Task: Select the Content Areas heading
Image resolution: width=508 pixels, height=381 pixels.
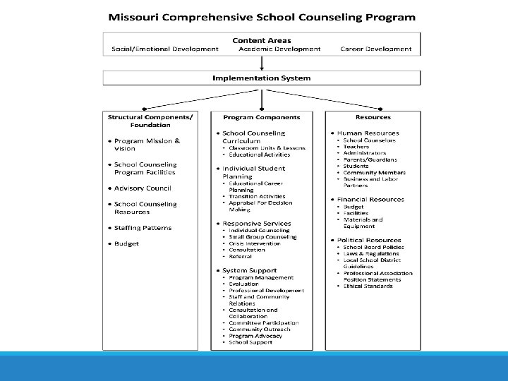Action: tap(262, 40)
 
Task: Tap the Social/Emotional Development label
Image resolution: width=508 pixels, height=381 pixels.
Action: tap(165, 49)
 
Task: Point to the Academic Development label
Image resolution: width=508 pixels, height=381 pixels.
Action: tap(279, 49)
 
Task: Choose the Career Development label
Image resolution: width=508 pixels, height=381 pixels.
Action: tap(375, 49)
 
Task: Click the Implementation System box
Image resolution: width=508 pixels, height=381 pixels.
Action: tap(262, 78)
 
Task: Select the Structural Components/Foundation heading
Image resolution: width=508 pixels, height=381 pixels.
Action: tap(149, 121)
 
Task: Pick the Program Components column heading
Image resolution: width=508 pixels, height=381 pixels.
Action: tap(261, 117)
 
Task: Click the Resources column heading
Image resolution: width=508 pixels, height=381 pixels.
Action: tap(373, 117)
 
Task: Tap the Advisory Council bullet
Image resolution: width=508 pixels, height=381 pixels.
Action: tap(143, 188)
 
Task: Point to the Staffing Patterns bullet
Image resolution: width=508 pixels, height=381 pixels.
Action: tap(143, 228)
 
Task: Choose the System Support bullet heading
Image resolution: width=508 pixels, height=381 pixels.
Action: tap(249, 270)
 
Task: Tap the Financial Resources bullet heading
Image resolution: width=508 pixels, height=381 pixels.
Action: tap(370, 200)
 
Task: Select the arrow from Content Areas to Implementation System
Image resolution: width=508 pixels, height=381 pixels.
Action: tap(262, 63)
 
